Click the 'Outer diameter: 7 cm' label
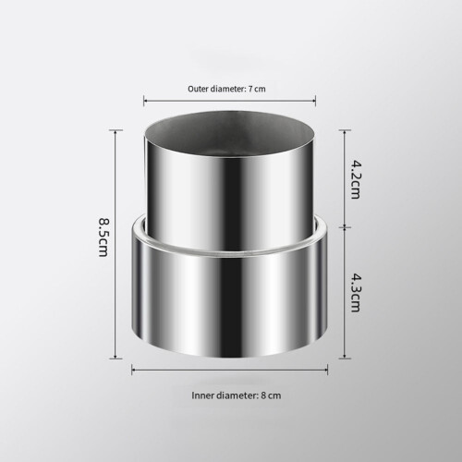pos(226,89)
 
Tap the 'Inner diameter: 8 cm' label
pos(237,395)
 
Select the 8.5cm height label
pos(103,237)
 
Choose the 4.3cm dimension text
pos(355,293)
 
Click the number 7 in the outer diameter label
pos(250,89)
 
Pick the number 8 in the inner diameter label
pos(263,395)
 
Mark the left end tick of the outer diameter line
pos(144,101)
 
